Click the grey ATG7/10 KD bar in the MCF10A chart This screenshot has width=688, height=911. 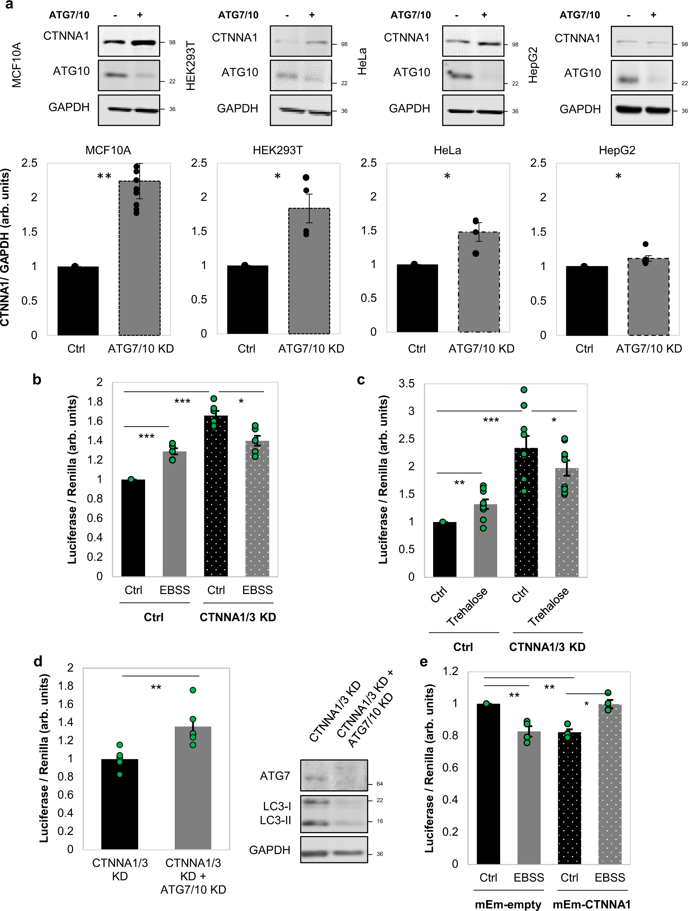pos(139,258)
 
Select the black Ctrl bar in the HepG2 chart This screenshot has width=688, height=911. pos(587,300)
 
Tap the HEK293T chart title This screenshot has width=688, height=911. pos(277,150)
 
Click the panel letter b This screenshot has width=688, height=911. pos(37,379)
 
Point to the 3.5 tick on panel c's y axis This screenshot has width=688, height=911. pos(407,383)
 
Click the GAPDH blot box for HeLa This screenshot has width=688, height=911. pos(473,110)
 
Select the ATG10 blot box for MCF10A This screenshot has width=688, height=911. pos(129,75)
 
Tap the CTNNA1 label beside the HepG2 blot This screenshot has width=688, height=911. pos(577,38)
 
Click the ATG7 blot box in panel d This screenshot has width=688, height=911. pos(333,775)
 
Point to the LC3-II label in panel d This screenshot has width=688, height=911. pos(275,820)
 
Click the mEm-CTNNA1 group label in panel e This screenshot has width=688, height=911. pos(591,904)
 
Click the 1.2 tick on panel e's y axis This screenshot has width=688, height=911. pos(450,671)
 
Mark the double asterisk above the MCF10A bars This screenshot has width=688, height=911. pos(104,176)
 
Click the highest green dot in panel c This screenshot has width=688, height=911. pos(524,390)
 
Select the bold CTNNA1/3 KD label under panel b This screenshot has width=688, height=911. pos(238,617)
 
